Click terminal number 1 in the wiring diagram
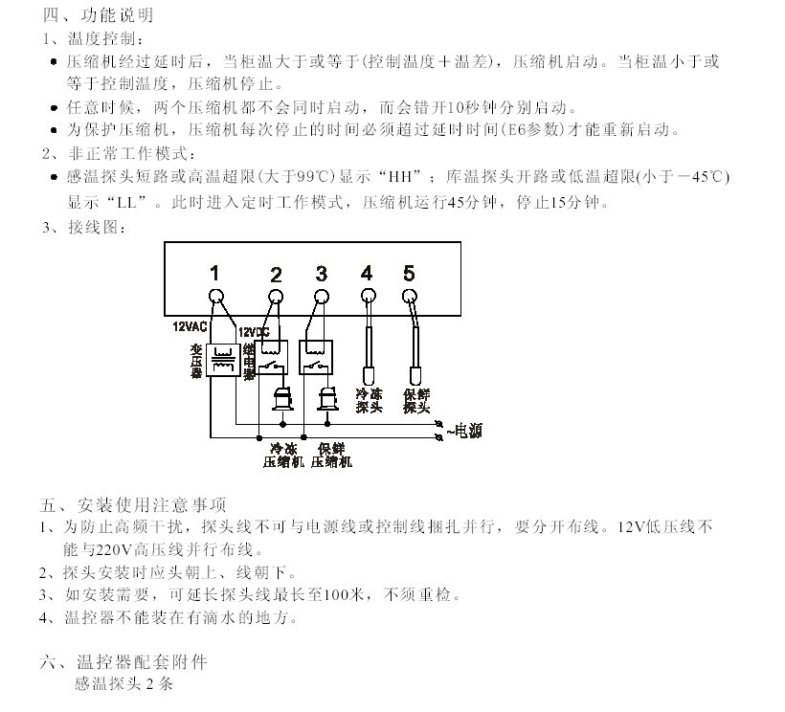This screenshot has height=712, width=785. (x=215, y=273)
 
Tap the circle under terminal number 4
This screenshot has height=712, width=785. (x=367, y=297)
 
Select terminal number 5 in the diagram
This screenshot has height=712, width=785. (x=409, y=274)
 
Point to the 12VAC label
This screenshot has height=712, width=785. (x=190, y=326)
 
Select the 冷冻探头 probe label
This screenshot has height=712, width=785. (x=369, y=400)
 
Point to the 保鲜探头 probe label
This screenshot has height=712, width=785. (x=415, y=400)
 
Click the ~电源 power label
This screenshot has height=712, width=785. (x=463, y=432)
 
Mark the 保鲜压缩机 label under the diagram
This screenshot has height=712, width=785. (x=330, y=455)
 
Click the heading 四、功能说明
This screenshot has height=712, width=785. (x=97, y=16)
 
